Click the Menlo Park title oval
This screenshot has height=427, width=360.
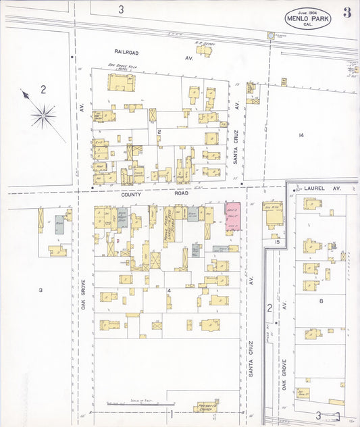point(307,19)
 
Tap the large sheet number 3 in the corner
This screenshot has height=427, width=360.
point(346,13)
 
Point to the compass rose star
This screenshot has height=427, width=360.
point(43,116)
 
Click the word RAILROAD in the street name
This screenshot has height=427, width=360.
point(126,51)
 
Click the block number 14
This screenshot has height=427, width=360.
point(301,135)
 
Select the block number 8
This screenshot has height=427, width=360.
point(322,300)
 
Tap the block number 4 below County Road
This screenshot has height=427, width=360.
point(169,291)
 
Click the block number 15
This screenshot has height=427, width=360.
point(276,241)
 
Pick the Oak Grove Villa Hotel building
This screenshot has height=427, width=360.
point(121,82)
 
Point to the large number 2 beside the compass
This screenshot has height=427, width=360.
point(43,89)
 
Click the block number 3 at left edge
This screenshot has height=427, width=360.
point(40,290)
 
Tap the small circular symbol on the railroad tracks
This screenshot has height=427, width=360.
point(271,34)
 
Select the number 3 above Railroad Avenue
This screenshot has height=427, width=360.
point(121,9)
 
